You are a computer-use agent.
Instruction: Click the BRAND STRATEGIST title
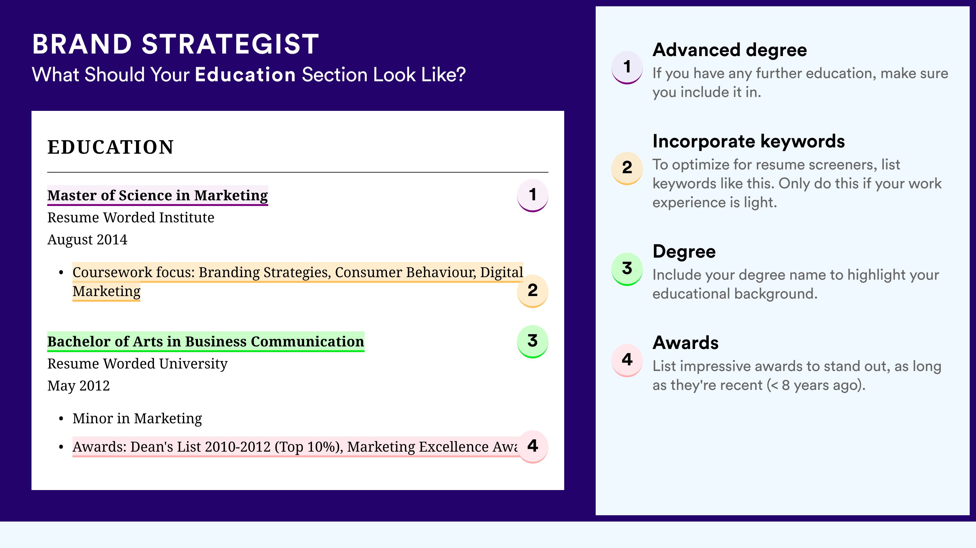pos(175,44)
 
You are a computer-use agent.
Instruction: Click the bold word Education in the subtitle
pos(245,74)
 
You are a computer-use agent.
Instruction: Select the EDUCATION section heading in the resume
pos(110,147)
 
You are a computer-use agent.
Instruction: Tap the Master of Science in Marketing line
pos(157,195)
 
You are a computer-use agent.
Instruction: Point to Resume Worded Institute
pos(131,218)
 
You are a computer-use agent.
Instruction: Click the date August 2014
pos(87,239)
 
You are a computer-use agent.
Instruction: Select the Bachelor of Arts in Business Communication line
pos(206,341)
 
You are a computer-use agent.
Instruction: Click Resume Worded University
pos(137,363)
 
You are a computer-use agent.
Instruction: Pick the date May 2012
pos(78,386)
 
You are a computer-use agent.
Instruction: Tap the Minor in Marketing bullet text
pos(137,418)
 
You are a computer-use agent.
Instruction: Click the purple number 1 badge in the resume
pos(532,195)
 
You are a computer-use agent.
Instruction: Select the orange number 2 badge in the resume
pos(532,291)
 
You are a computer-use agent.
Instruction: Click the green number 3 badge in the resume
pos(532,341)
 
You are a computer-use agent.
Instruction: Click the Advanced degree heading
pos(730,50)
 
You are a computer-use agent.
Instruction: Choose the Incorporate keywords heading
pos(749,142)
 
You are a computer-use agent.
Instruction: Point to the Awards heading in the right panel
pos(685,343)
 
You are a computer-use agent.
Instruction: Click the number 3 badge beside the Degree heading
pos(627,269)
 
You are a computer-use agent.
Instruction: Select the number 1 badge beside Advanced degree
pos(627,67)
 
